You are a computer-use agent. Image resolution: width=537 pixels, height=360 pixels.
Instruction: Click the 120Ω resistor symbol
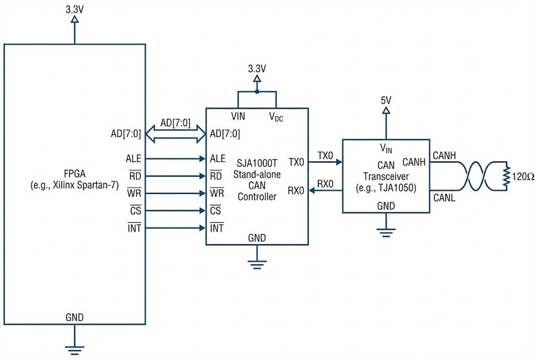pos(506,177)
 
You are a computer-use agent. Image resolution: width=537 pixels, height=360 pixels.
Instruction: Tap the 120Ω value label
pos(523,177)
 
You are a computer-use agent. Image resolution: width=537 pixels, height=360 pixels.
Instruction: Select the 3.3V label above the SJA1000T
pos(256,69)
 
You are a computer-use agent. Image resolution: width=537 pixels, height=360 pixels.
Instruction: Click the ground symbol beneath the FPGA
pos(74,348)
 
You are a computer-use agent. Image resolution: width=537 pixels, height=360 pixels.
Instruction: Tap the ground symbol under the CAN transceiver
pos(386,232)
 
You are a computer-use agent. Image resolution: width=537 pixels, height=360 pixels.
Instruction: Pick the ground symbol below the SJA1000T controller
pos(256,265)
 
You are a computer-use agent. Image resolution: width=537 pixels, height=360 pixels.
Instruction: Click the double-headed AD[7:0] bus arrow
pos(176,134)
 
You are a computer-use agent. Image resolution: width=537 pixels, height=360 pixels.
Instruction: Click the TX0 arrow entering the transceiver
pos(325,162)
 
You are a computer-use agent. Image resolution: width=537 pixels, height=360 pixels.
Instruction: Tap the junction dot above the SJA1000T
pos(256,91)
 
